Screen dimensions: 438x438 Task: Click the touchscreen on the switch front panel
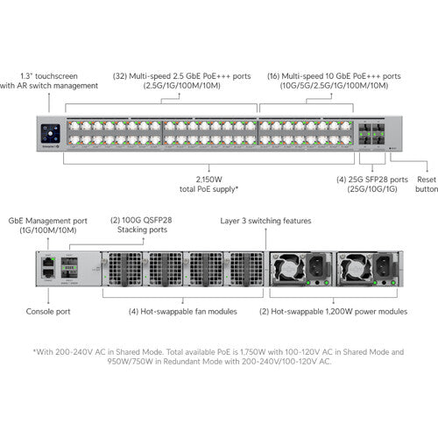click(51, 133)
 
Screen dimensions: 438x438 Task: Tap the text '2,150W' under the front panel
click(208, 180)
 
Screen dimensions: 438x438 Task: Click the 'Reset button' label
click(427, 184)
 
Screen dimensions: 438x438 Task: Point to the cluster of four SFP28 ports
click(371, 133)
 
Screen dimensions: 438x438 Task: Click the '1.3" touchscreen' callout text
click(49, 76)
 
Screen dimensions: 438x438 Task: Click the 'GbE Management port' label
click(48, 221)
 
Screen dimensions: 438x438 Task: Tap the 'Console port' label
click(48, 312)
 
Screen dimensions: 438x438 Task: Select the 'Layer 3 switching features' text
click(265, 221)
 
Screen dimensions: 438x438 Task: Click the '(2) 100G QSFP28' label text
click(141, 220)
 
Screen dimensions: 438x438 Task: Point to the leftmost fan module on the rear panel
click(122, 269)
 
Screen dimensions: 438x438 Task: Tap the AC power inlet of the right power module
click(384, 265)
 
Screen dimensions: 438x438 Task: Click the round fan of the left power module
click(288, 268)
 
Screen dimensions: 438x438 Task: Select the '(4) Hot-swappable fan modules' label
click(183, 312)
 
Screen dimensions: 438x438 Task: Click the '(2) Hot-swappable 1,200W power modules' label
click(333, 312)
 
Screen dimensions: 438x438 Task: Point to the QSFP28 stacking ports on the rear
click(69, 267)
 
